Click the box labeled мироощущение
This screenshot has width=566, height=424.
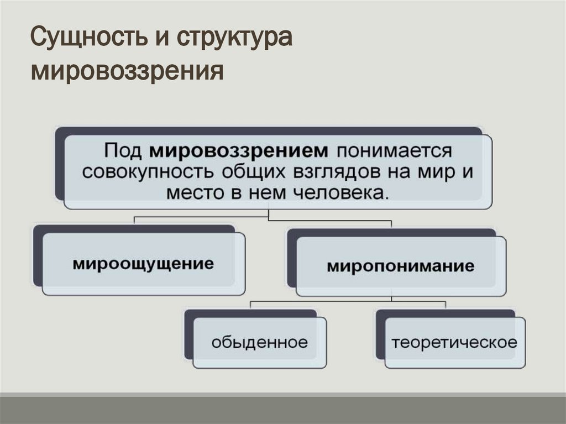[x=143, y=263]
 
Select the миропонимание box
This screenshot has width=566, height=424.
[x=401, y=266]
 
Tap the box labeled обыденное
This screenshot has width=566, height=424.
[x=259, y=342]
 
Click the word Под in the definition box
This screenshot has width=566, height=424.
[x=122, y=151]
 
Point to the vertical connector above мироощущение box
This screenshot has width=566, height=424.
[x=135, y=220]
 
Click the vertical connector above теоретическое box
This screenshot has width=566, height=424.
[x=446, y=305]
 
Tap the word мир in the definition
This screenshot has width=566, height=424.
[x=442, y=172]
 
